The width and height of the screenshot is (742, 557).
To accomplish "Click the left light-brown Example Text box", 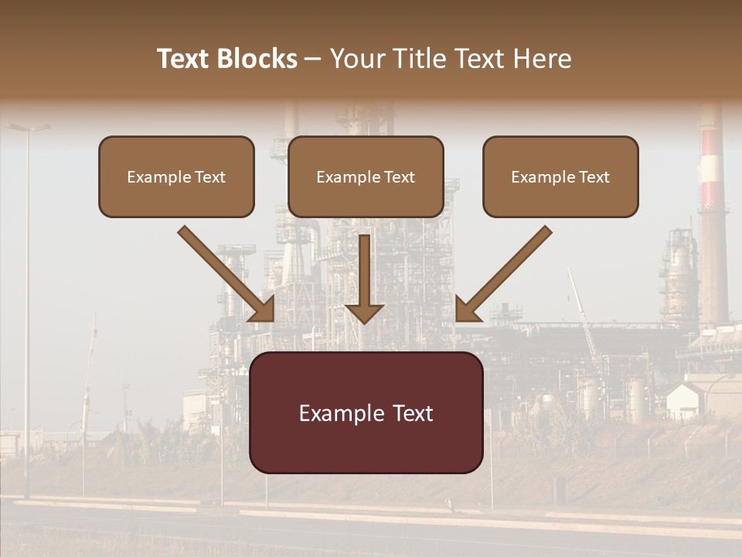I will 176,176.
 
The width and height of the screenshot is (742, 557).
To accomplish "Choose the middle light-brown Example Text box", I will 366,176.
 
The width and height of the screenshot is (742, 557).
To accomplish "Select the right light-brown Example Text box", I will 560,176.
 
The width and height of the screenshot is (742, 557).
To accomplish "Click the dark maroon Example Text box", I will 366,412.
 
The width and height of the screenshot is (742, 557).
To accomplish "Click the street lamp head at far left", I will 29,127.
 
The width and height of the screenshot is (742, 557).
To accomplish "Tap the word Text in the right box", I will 594,177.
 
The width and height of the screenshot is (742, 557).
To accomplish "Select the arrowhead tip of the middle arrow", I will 364,320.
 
